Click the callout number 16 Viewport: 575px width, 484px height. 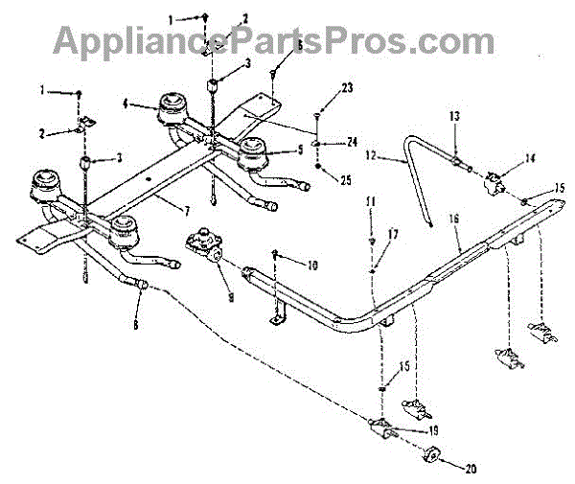[455, 219]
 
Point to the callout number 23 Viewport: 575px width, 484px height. [347, 88]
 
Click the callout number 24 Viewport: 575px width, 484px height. [352, 141]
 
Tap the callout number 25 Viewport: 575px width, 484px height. [346, 179]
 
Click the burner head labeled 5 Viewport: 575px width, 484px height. [254, 151]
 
